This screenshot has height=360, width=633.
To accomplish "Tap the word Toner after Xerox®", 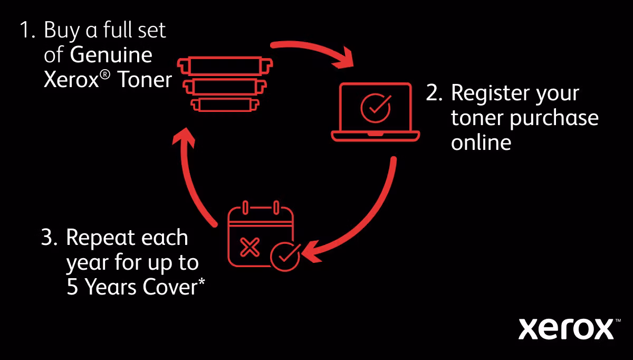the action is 145,80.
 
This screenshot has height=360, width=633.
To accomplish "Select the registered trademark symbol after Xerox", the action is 105,75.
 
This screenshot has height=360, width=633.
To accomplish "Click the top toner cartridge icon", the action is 225,66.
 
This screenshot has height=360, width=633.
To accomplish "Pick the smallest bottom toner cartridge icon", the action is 225,105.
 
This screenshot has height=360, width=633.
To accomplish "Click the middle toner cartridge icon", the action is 225,87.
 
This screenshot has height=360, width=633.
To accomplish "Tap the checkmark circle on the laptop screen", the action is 376,108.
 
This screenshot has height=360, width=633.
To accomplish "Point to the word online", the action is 481,142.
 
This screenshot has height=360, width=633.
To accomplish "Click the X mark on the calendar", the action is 250,248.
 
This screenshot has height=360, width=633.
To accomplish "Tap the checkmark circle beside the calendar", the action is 285,257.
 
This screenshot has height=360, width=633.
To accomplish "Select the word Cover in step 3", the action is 170,287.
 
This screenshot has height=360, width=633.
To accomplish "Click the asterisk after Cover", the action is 202,282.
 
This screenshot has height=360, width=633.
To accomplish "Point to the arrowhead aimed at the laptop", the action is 343,59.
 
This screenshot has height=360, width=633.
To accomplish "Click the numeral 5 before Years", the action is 72,287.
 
